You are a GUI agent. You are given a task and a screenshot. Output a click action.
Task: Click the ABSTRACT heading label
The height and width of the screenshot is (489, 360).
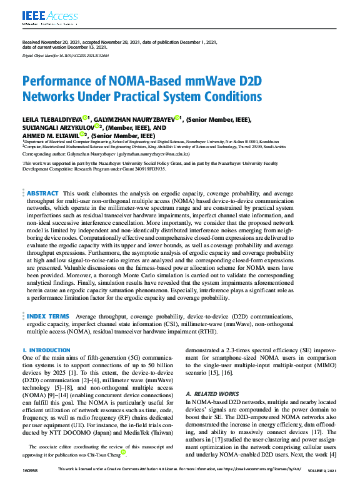[x=43, y=194]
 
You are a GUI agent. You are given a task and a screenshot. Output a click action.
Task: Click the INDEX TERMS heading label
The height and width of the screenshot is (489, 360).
[x=47, y=317]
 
